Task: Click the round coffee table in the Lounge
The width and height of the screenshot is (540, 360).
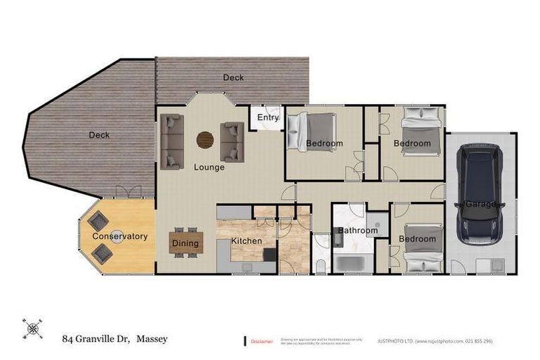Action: pyautogui.click(x=205, y=140)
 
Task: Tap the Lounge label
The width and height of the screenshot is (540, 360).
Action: pyautogui.click(x=210, y=167)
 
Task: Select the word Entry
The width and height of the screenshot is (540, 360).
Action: pyautogui.click(x=268, y=118)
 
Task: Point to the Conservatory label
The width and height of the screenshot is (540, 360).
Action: pyautogui.click(x=120, y=236)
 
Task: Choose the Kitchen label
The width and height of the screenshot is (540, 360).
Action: pyautogui.click(x=246, y=241)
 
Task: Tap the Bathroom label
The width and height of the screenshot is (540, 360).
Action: pyautogui.click(x=359, y=231)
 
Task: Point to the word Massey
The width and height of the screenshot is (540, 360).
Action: pyautogui.click(x=152, y=340)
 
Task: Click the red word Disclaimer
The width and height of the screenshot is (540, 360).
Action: pyautogui.click(x=262, y=342)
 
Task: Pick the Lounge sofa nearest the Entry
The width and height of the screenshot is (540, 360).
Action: pyautogui.click(x=233, y=141)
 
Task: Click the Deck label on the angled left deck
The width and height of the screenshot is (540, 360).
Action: pyautogui.click(x=99, y=135)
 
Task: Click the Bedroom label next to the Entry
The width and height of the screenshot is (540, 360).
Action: pyautogui.click(x=324, y=144)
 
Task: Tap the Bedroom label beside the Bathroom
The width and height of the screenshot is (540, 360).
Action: pyautogui.click(x=417, y=239)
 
